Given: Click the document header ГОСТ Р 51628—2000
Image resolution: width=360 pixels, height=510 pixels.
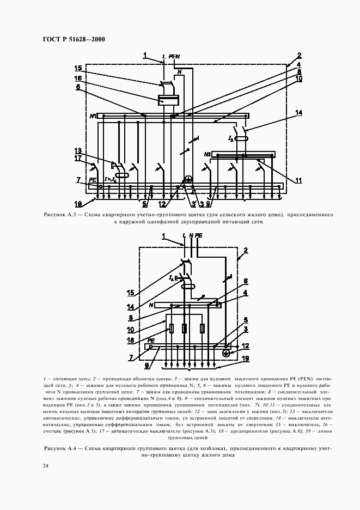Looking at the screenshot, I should click(73, 39).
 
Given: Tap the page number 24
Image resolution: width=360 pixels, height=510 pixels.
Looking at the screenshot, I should click(45, 465).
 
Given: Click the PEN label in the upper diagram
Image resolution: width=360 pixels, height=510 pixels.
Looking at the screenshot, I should click(174, 56).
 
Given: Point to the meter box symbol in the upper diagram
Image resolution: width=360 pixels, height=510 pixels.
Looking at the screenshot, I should click(169, 100).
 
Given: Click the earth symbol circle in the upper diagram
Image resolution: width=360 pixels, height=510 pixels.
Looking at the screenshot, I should click(188, 179).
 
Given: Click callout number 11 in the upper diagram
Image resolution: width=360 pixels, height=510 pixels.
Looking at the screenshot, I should click(298, 180).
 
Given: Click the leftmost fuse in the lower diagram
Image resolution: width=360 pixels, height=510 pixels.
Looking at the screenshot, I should click(172, 329).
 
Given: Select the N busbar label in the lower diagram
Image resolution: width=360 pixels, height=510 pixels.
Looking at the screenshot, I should click(151, 306).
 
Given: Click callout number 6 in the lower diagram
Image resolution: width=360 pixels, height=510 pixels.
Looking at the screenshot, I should click(245, 281).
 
